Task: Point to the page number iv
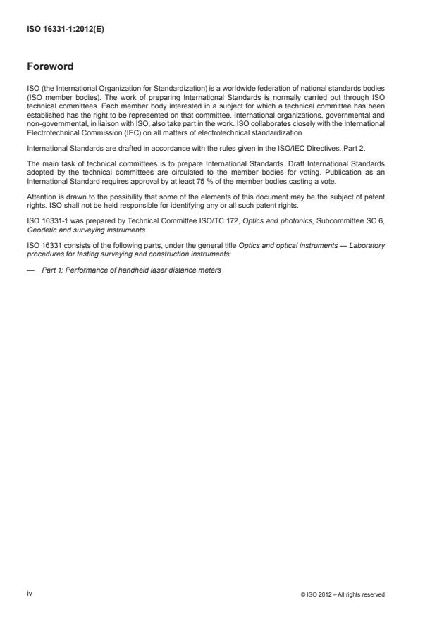[x=30, y=594]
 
